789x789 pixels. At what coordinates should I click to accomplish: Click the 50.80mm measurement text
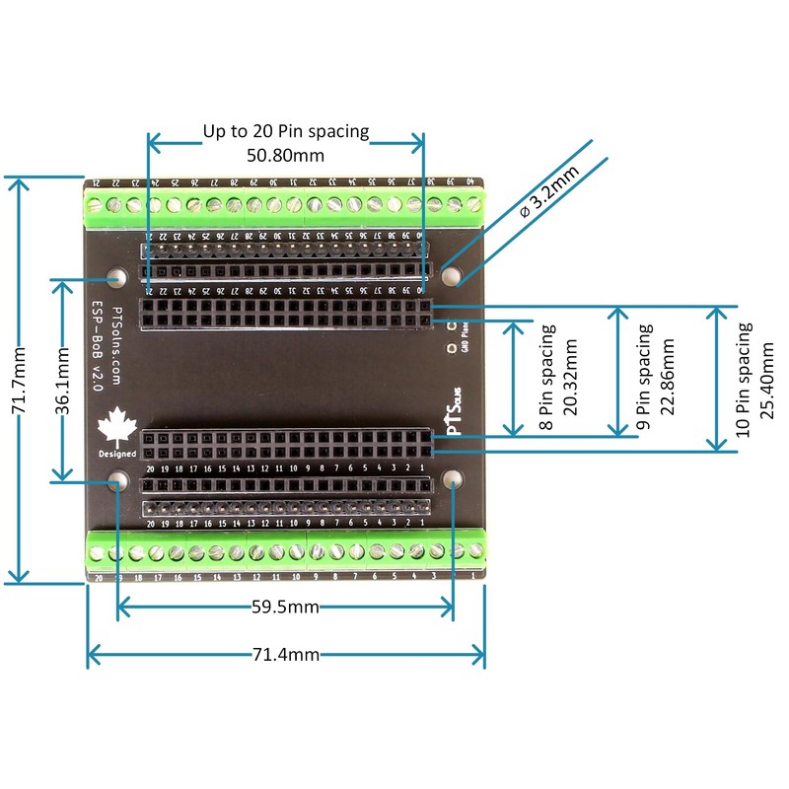(x=285, y=155)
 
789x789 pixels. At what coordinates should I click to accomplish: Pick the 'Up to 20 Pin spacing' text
(x=285, y=131)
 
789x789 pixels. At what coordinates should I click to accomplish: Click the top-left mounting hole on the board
(x=116, y=277)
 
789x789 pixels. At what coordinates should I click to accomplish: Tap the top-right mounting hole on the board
(x=452, y=275)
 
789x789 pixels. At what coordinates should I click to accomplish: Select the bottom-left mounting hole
(x=116, y=481)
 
